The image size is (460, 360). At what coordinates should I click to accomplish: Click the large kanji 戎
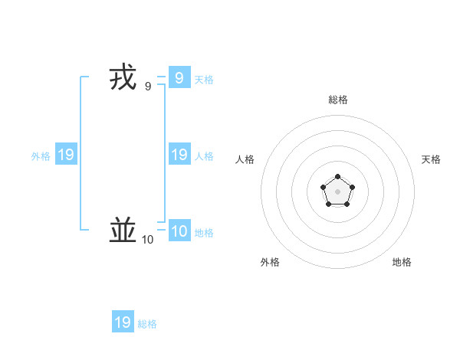coord(123,79)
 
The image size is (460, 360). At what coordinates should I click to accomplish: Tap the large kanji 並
coord(123,230)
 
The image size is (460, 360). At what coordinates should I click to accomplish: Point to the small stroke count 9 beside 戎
coord(147,87)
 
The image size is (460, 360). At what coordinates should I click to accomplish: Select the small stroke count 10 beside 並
coord(147,240)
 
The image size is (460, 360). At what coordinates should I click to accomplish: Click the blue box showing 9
coord(179,78)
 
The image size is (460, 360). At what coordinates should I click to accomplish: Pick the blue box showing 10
coord(179,231)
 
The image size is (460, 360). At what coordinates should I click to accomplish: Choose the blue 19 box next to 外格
coord(66,155)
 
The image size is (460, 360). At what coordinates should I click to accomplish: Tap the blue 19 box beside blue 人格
coord(179,155)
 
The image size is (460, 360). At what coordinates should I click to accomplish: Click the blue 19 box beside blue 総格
coord(123,322)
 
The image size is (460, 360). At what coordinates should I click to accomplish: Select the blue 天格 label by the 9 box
coord(204,80)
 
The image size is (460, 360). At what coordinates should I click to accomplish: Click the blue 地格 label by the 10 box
coord(204,233)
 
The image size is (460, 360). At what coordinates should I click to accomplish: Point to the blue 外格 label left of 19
coord(41,156)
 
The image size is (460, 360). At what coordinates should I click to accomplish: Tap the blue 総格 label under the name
coord(147,324)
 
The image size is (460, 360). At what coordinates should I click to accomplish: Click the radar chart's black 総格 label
coord(338,100)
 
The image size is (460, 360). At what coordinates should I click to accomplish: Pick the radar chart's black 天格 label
coord(431,159)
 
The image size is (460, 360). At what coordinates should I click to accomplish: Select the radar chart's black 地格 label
coord(402,262)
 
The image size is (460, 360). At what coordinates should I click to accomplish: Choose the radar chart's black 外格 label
coord(270,262)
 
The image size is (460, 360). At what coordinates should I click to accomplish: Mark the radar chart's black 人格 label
coord(245,159)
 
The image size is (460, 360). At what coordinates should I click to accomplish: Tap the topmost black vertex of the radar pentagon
coord(338,177)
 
